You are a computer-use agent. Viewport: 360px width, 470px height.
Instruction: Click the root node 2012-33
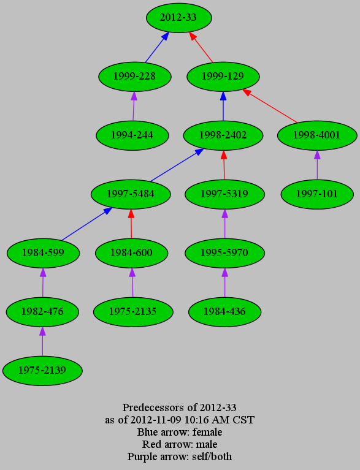[x=179, y=18]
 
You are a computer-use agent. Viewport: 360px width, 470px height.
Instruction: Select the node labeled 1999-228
[x=135, y=77]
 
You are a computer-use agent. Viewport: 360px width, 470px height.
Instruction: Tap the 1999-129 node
[x=223, y=77]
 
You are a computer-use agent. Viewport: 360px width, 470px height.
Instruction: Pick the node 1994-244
[x=132, y=135]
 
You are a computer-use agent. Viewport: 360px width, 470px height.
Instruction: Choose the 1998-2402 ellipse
[x=223, y=135]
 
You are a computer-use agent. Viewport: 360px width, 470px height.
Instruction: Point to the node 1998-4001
[x=317, y=135]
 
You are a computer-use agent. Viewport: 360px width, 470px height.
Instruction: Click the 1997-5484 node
[x=131, y=194]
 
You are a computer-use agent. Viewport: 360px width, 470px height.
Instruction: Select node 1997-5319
[x=224, y=194]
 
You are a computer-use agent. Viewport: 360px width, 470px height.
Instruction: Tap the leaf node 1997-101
[x=317, y=194]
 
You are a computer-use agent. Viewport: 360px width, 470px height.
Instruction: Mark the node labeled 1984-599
[x=43, y=252]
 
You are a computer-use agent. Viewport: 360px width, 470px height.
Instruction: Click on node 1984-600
[x=131, y=252]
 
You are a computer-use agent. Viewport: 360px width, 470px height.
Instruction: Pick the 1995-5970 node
[x=224, y=252]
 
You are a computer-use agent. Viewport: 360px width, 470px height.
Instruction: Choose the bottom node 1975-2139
[x=42, y=371]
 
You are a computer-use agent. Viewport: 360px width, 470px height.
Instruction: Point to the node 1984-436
[x=224, y=312]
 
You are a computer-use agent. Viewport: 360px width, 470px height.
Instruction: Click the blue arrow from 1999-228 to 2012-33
[x=157, y=47]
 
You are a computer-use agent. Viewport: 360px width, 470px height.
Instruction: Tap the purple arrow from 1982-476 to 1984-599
[x=43, y=282]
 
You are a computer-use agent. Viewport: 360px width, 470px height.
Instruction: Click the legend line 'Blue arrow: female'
[x=180, y=432]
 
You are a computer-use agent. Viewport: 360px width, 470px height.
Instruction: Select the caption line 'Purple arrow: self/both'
[x=180, y=457]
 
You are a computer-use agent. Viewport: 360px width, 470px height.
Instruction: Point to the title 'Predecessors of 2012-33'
[x=180, y=407]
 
